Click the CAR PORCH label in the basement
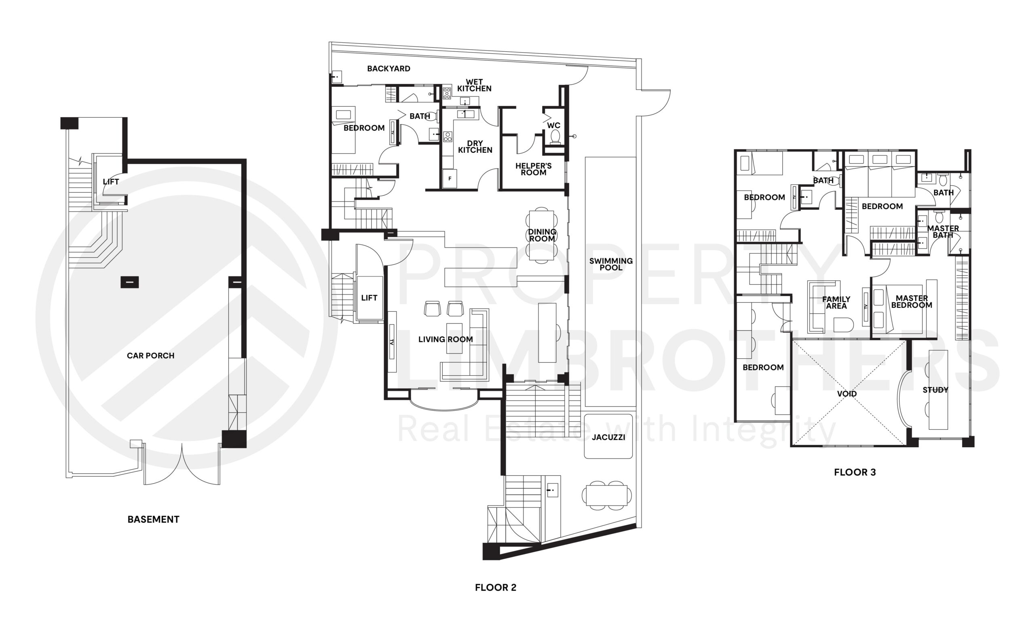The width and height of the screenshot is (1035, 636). pyautogui.click(x=150, y=356)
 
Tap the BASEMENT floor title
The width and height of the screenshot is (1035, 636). pyautogui.click(x=154, y=520)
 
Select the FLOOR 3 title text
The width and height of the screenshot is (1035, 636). pyautogui.click(x=855, y=472)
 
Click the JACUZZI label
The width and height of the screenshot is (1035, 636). pyautogui.click(x=608, y=437)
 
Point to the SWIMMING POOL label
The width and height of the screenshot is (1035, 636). pyautogui.click(x=610, y=264)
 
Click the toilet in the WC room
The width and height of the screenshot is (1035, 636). pyautogui.click(x=555, y=136)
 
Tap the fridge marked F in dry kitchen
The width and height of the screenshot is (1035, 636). pyautogui.click(x=450, y=178)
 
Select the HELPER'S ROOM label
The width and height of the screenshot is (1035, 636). pyautogui.click(x=533, y=169)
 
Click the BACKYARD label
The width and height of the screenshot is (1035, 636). pyautogui.click(x=389, y=69)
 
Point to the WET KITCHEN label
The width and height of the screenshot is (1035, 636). pyautogui.click(x=474, y=85)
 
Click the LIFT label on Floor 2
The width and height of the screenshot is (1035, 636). pyautogui.click(x=369, y=298)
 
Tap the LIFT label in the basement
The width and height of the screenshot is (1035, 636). pyautogui.click(x=111, y=182)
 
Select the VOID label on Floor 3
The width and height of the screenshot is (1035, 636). pyautogui.click(x=847, y=394)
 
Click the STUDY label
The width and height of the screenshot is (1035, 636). pyautogui.click(x=935, y=390)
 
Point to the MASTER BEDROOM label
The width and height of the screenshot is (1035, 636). pyautogui.click(x=911, y=302)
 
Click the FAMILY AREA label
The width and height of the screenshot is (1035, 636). pyautogui.click(x=836, y=302)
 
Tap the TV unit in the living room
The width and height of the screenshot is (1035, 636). pyautogui.click(x=391, y=341)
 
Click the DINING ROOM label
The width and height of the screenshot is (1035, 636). pyautogui.click(x=542, y=235)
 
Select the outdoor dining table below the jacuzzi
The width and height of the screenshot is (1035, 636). pyautogui.click(x=606, y=495)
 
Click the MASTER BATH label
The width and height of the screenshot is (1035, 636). pyautogui.click(x=943, y=232)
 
